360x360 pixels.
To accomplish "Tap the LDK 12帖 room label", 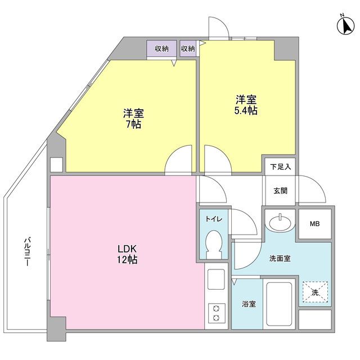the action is pyautogui.click(x=127, y=254).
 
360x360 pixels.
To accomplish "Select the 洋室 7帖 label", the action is pyautogui.click(x=133, y=119).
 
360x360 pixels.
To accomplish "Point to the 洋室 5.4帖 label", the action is pyautogui.click(x=246, y=105).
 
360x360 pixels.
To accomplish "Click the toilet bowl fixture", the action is pyautogui.click(x=214, y=245).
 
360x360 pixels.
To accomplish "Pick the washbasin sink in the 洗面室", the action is pyautogui.click(x=280, y=222).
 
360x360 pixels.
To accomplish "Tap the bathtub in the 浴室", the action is pyautogui.click(x=279, y=304).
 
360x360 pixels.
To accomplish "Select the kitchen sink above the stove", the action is pyautogui.click(x=216, y=279).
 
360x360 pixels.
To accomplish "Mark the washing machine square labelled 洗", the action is pyautogui.click(x=315, y=292).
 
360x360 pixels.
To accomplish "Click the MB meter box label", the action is pyautogui.click(x=315, y=224).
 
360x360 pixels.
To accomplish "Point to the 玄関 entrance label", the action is pyautogui.click(x=280, y=191).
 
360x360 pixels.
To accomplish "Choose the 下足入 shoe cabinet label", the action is pyautogui.click(x=281, y=166).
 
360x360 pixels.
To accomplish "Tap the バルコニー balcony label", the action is pyautogui.click(x=27, y=252).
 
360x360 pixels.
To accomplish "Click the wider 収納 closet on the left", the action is pyautogui.click(x=161, y=48).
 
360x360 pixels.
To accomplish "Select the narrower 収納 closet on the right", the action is pyautogui.click(x=188, y=48).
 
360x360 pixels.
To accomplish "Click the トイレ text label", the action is pyautogui.click(x=214, y=219).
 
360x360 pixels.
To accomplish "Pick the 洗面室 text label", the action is pyautogui.click(x=280, y=259).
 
